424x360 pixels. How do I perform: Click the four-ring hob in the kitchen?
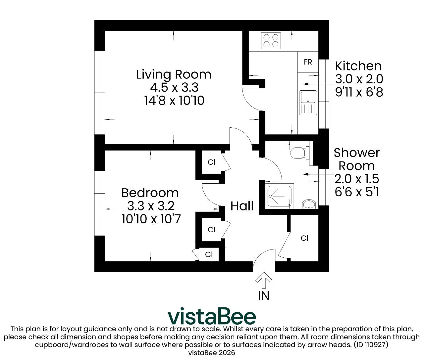point(271,41)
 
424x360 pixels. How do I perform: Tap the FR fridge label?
point(308,62)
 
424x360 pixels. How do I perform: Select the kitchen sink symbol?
point(308,103)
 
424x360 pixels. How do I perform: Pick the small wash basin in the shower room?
point(309,204)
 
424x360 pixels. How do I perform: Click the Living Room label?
point(174,74)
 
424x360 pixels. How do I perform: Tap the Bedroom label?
point(150,193)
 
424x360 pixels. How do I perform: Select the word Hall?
point(242,206)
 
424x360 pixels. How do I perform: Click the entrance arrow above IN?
point(264,280)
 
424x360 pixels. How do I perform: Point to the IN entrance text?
point(264,296)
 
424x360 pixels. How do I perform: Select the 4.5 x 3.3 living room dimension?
point(174,87)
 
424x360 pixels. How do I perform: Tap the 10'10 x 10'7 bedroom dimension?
point(151,219)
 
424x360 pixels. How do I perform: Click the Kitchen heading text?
point(358,66)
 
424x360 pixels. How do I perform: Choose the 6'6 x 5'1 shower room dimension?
point(357,192)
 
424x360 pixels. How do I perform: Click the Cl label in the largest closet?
point(304,238)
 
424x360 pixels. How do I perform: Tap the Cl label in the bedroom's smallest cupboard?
point(209,254)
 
